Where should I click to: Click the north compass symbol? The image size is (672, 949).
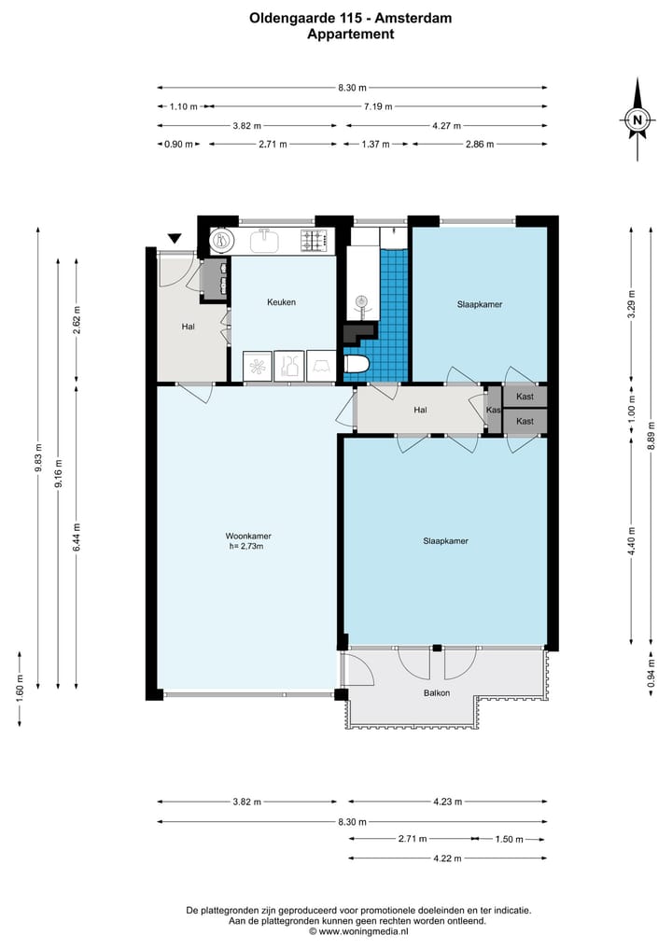637,119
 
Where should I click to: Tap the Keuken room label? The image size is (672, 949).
282,302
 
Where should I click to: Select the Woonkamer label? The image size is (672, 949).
248,536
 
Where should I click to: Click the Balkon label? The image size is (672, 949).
437,693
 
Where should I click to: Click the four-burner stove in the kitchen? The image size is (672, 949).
316,241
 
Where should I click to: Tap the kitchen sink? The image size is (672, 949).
264,241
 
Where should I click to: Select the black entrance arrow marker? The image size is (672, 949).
175,239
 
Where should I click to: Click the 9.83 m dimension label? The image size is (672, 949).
39,457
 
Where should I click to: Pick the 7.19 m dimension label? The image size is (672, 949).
378,106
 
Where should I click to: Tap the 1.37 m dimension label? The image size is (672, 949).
375,144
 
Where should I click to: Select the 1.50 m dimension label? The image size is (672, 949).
510,839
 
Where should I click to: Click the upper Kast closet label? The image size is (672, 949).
525,397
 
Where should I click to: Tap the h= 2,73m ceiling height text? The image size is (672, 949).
246,546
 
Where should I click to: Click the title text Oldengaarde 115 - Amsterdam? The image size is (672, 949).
351,18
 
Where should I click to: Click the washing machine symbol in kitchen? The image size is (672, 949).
258,366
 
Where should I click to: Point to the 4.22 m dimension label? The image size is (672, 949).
447,858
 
